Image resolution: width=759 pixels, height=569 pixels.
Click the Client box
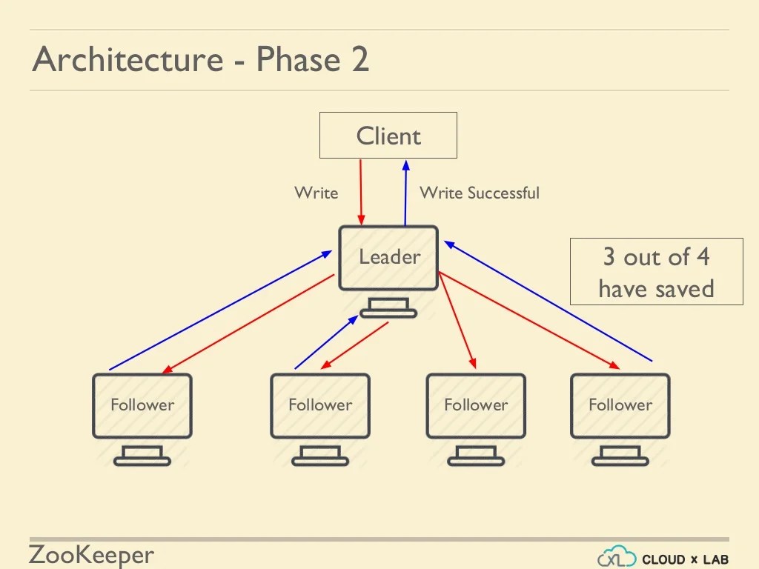coord(388,136)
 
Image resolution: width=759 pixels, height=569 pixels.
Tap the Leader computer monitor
coord(388,258)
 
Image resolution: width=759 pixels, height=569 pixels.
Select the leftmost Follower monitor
coord(142,405)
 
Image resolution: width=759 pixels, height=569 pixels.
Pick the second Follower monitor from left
coord(320,405)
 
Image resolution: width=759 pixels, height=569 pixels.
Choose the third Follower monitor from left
coord(476,405)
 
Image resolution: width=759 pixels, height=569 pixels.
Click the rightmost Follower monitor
coord(620,405)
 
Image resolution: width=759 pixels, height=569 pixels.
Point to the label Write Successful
coord(480,193)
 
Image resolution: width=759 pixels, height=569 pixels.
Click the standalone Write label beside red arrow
coord(316,193)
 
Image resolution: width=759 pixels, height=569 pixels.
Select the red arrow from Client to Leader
coord(361,191)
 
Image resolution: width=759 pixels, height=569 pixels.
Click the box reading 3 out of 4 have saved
coord(656,272)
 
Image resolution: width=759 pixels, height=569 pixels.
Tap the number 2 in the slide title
coord(359,60)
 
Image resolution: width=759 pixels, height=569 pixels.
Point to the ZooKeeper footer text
coord(91,555)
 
